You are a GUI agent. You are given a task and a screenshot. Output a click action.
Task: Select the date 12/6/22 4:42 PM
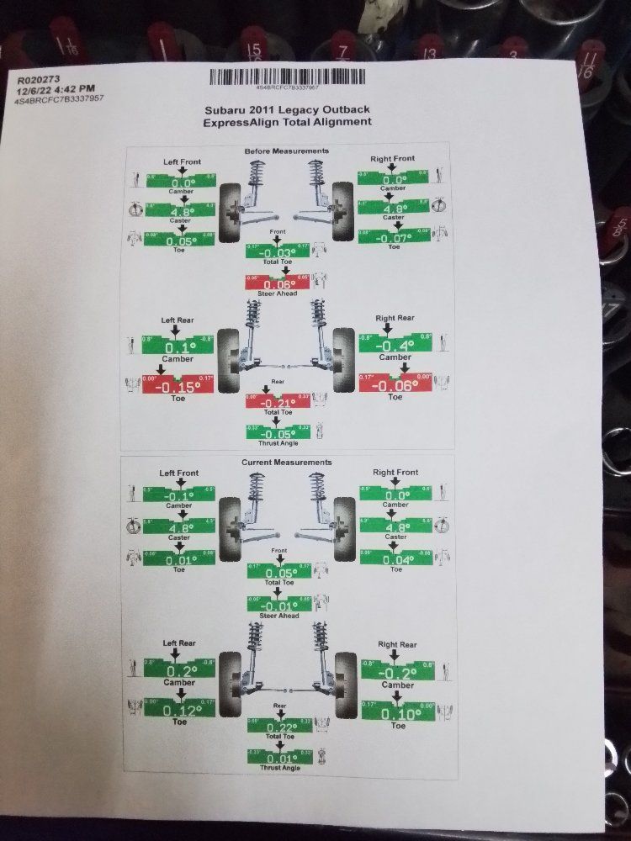(53, 89)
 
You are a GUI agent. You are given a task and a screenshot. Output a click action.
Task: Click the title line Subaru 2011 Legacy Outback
(287, 109)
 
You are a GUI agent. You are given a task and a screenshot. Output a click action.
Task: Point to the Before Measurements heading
(286, 151)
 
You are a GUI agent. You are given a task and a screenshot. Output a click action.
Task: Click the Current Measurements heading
(286, 463)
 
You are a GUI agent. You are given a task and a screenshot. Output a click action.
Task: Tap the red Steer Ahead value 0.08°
(277, 284)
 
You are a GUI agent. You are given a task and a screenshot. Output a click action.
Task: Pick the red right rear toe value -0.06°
(395, 385)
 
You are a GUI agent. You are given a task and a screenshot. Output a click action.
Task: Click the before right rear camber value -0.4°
(395, 345)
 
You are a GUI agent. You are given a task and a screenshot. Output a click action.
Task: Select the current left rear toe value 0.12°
(178, 711)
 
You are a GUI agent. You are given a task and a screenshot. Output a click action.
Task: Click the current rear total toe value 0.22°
(278, 727)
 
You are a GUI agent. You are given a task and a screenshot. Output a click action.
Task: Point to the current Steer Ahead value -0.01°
(278, 606)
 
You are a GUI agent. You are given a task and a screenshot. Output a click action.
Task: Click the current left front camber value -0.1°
(178, 496)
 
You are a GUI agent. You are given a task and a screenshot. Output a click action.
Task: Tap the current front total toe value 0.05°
(278, 573)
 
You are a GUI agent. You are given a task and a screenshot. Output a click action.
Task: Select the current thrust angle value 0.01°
(278, 758)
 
